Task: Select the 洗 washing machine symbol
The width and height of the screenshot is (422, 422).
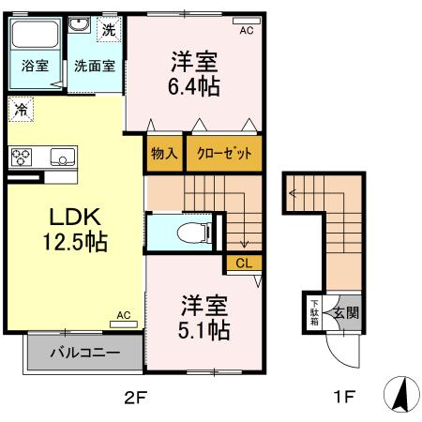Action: pos(110,28)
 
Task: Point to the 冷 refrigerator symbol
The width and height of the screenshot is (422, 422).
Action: pos(20,111)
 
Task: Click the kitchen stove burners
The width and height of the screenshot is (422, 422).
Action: pos(21,157)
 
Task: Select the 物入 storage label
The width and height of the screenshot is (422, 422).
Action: pos(164,153)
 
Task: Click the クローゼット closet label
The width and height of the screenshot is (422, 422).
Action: pos(223,153)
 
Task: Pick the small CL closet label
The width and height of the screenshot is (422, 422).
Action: pos(243,264)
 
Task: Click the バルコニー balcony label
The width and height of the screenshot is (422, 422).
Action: pos(84,354)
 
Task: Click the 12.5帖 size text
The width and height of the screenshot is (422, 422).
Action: pos(74,241)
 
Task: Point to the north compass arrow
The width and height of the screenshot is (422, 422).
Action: pos(399,393)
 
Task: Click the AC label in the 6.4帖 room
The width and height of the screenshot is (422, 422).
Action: pos(247,31)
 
